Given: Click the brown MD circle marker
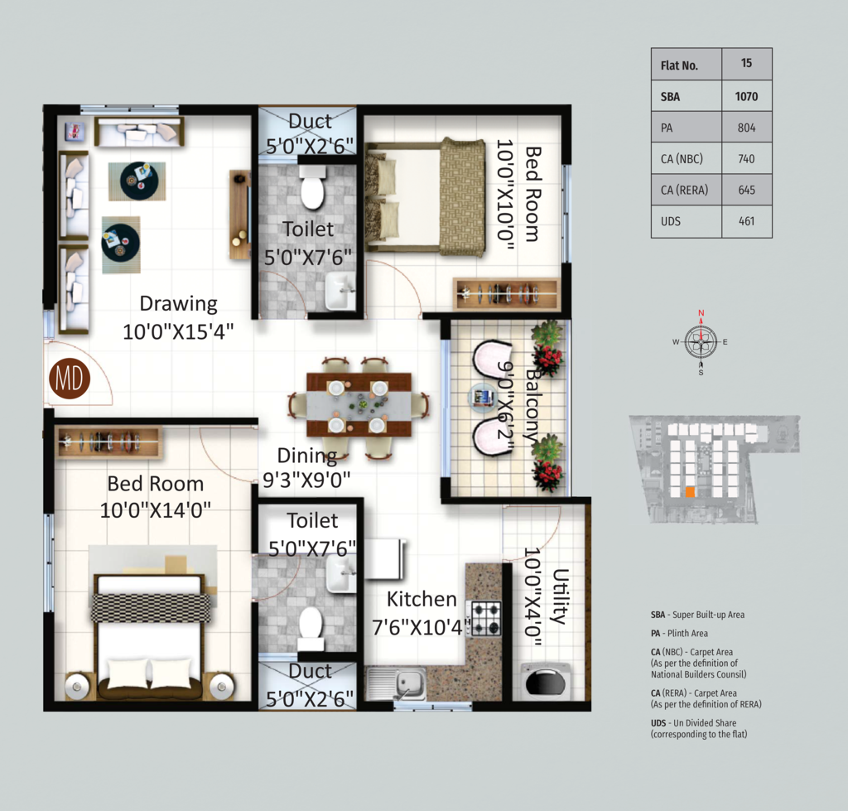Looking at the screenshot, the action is point(70,379).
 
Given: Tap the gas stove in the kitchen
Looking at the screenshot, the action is point(486,618).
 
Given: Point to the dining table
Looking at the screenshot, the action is point(359,404).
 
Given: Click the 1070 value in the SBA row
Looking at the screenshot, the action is point(746,97).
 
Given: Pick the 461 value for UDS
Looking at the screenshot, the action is point(746,221).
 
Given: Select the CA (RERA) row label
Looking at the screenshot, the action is point(684,190).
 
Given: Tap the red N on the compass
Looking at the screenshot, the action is point(701,312).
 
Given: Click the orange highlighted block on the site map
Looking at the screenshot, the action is point(690,492).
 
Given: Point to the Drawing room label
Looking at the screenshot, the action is point(179,303).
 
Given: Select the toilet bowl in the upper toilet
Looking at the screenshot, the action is point(312,188).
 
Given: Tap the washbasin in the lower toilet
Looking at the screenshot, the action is point(340,575).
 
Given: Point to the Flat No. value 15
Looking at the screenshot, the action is point(746,63).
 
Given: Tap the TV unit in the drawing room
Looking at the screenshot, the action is point(239,215).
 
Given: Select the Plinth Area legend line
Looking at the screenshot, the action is point(679,634).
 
